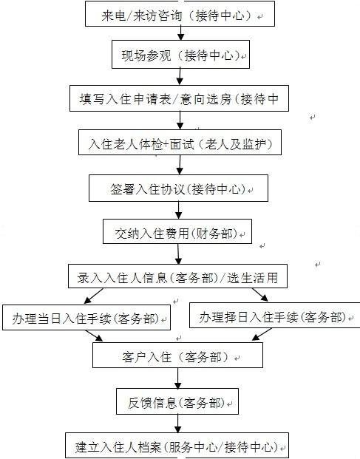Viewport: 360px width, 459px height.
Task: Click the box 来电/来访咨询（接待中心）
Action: [x=180, y=13]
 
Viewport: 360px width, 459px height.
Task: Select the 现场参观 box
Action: [x=180, y=55]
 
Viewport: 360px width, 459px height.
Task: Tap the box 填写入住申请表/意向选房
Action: [x=179, y=98]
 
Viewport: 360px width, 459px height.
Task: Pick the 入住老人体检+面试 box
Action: [x=180, y=143]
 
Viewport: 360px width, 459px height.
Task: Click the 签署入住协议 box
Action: [x=178, y=188]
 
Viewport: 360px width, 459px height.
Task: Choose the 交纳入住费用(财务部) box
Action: [x=177, y=231]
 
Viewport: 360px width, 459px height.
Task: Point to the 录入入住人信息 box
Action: [x=177, y=276]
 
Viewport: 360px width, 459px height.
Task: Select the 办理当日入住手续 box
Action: [x=86, y=318]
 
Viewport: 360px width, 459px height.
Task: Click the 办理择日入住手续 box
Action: [x=274, y=316]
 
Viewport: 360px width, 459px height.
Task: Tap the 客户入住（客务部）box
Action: [x=177, y=355]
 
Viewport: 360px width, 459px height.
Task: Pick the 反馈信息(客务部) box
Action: [x=177, y=401]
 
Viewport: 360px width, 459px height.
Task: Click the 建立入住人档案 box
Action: [x=177, y=445]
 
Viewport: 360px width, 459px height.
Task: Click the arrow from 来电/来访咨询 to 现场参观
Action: [x=181, y=33]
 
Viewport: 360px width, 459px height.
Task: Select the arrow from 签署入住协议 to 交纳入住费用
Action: [x=179, y=210]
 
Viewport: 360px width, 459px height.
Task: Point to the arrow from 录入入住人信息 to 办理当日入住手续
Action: [x=93, y=296]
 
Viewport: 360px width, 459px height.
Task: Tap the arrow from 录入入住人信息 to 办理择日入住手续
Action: [x=260, y=295]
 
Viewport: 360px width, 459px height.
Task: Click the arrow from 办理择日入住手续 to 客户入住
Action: [x=262, y=334]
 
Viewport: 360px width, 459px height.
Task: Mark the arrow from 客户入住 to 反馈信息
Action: [x=177, y=378]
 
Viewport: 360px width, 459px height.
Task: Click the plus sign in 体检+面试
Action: [x=166, y=144]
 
